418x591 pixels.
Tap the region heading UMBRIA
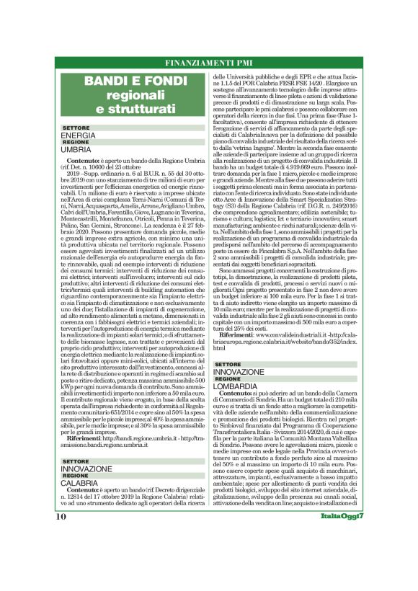(x=76, y=148)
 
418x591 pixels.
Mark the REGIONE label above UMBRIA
(x=76, y=142)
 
